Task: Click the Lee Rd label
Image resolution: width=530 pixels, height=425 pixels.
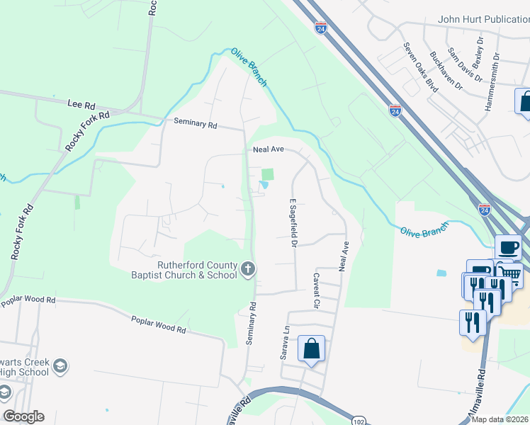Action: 80,103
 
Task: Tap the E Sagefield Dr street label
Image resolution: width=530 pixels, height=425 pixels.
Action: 291,222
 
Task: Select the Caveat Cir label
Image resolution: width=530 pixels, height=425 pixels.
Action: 317,290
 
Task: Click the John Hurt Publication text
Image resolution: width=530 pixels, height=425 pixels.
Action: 483,19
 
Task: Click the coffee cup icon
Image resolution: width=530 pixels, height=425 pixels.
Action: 508,248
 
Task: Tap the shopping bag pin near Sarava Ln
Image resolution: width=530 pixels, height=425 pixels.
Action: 311,348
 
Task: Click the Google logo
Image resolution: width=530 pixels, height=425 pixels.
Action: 23,416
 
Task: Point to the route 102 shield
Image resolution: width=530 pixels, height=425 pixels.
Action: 358,420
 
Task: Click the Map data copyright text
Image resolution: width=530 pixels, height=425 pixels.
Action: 500,419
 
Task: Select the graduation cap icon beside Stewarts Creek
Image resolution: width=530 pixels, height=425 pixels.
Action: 61,365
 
